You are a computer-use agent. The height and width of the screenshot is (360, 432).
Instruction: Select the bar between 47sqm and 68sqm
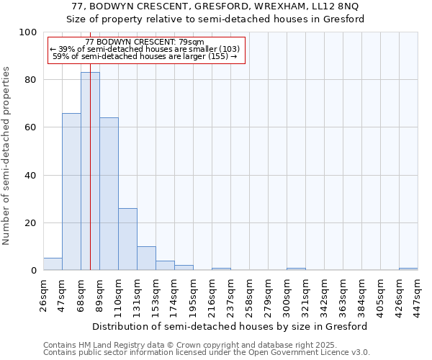(71, 192)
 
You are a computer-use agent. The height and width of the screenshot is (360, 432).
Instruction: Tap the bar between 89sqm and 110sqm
(109, 194)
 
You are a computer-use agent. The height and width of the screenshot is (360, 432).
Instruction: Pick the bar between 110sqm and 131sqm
(127, 240)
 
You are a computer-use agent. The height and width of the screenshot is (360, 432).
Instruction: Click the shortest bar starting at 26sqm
(53, 264)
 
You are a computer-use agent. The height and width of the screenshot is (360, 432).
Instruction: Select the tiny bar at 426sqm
(408, 269)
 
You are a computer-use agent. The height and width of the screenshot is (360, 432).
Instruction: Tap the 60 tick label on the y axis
(31, 127)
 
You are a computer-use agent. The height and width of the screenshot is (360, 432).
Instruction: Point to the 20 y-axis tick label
(31, 223)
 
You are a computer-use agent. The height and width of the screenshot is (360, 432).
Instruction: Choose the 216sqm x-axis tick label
(212, 294)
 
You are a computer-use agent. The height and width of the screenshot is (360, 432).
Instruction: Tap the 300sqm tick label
(287, 294)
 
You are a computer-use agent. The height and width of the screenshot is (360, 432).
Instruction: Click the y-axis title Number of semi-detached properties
(7, 156)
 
